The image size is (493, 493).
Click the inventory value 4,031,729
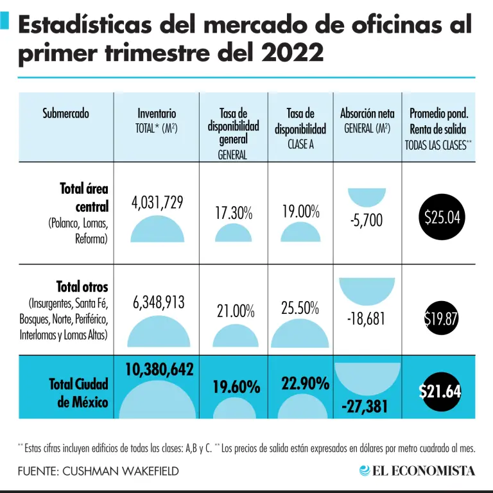pyautogui.click(x=157, y=203)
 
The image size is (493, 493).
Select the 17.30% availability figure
pyautogui.click(x=233, y=213)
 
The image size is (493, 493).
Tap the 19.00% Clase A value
pyautogui.click(x=300, y=211)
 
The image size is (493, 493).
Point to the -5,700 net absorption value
pyautogui.click(x=367, y=221)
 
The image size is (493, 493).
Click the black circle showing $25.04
pyautogui.click(x=442, y=217)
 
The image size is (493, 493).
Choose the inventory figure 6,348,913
pyautogui.click(x=158, y=302)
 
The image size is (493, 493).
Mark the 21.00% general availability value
pyautogui.click(x=235, y=311)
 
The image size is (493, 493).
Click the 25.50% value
pyautogui.click(x=300, y=308)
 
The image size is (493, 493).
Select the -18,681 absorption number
pyautogui.click(x=368, y=318)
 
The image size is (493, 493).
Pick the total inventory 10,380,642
pyautogui.click(x=157, y=368)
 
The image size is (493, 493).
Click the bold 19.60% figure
pyautogui.click(x=236, y=387)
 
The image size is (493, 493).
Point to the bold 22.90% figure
pyautogui.click(x=305, y=384)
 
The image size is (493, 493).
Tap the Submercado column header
pyautogui.click(x=65, y=114)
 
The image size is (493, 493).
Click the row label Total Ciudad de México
pyautogui.click(x=78, y=393)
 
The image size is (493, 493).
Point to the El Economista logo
pyautogui.click(x=417, y=471)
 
